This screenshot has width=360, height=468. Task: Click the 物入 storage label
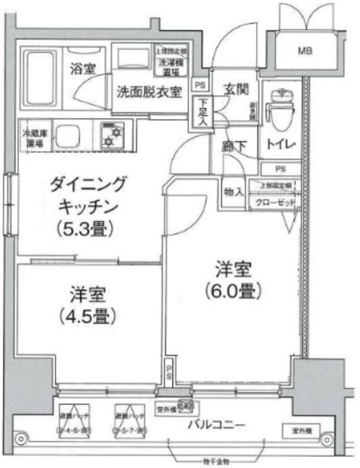234,192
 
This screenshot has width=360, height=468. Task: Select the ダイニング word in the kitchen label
79,184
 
